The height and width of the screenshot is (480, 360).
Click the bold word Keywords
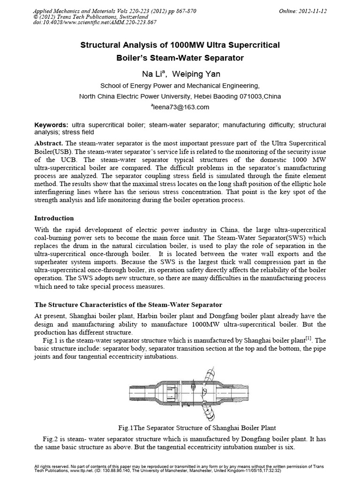(52, 125)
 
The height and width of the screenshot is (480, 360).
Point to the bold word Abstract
(49, 142)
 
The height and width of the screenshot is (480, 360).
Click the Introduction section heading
(54, 218)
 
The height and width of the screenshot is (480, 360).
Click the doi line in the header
(96, 22)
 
